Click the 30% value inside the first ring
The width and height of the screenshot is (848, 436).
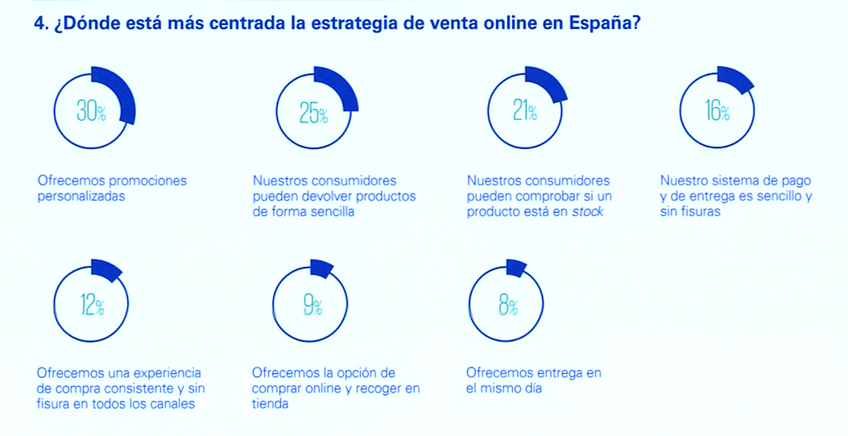[x=91, y=112]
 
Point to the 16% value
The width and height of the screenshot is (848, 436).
[x=717, y=112]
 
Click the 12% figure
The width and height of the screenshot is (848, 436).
[x=92, y=305]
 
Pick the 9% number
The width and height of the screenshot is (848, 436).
[x=312, y=305]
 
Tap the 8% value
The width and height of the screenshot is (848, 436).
[x=507, y=305]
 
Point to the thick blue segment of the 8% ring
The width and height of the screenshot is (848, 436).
[x=516, y=268]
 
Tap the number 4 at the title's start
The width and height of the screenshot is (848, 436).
[x=39, y=23]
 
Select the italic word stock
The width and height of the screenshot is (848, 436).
[x=588, y=212]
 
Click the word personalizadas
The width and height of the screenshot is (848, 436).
[x=81, y=196]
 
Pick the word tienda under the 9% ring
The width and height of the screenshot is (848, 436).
[x=270, y=404]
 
